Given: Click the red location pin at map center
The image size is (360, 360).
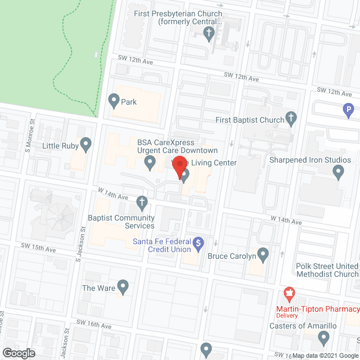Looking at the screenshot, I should pos(179,168).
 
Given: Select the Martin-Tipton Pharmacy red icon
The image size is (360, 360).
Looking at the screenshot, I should pos(290,292).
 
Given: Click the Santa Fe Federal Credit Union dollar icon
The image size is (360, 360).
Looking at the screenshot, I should pos(198,243).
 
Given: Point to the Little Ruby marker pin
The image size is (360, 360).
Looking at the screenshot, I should pos(86,145).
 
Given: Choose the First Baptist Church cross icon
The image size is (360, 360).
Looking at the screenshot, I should pos(290,118).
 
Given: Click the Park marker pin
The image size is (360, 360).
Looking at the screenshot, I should pos(114,101).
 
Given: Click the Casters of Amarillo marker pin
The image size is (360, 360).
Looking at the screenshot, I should pos(323,337).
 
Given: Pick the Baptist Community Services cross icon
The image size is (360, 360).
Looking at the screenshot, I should pos(143,201).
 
